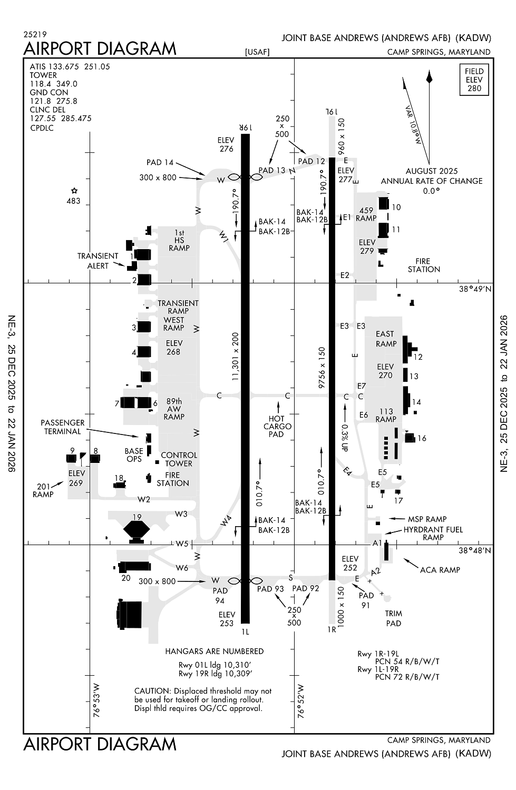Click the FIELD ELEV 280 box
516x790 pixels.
(x=474, y=80)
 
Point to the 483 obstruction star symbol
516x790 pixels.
(x=74, y=191)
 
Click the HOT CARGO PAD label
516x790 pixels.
(x=277, y=427)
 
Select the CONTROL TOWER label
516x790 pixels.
(x=179, y=459)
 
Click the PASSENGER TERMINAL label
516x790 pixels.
(x=62, y=427)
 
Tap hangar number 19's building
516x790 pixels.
(x=137, y=529)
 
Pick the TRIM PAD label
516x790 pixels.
(x=393, y=618)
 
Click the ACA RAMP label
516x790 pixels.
(x=440, y=570)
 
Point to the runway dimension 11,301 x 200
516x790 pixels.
(x=235, y=356)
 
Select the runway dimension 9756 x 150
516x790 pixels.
(x=322, y=368)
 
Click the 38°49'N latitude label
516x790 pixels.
(x=474, y=289)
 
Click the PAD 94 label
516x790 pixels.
(x=220, y=596)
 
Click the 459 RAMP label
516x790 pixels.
(x=366, y=214)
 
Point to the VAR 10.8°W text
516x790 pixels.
(x=413, y=125)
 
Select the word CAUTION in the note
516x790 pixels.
(x=152, y=691)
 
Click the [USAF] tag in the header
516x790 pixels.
(x=257, y=52)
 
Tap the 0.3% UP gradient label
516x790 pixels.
(x=344, y=438)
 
